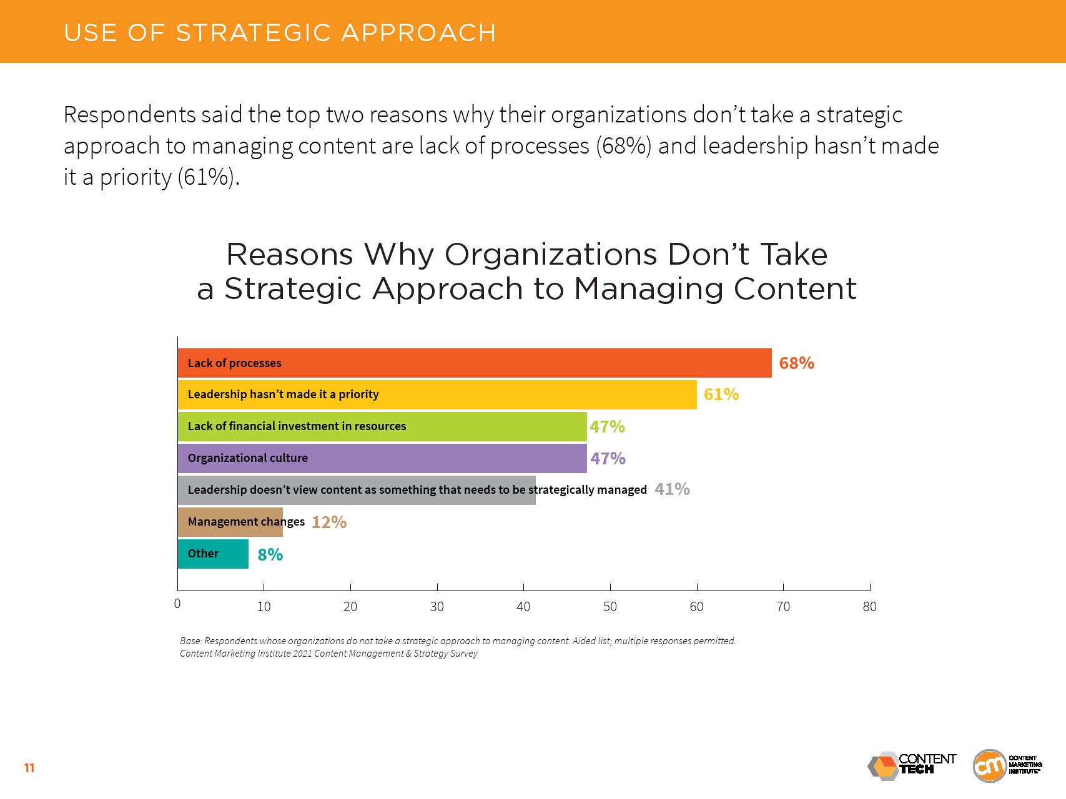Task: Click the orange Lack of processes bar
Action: point(475,363)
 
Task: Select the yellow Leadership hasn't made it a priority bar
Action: point(437,395)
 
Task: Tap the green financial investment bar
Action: point(382,426)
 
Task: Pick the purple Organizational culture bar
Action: point(382,458)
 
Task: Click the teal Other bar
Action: point(213,554)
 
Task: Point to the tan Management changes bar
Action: point(230,522)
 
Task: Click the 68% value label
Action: point(796,363)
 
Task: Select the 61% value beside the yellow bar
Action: point(721,395)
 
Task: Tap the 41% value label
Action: point(672,489)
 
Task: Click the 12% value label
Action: point(328,522)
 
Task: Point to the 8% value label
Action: point(270,555)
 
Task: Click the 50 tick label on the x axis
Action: point(610,607)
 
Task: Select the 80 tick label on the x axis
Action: point(869,607)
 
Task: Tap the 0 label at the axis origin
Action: point(177,604)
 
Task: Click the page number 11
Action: point(29,768)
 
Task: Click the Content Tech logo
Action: point(912,765)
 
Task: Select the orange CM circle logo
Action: point(990,766)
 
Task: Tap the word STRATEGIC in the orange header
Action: point(253,33)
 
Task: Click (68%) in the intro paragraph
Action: point(623,146)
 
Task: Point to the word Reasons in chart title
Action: point(290,255)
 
